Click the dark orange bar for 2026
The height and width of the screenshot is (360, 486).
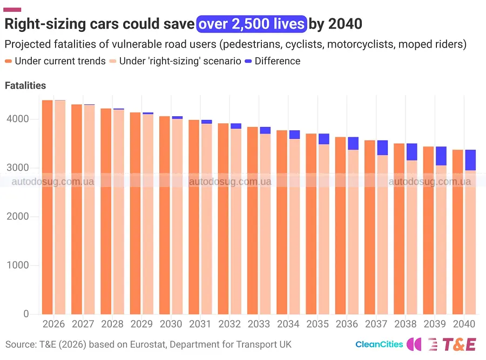coord(47,207)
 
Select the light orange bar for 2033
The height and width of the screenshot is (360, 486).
coord(265,224)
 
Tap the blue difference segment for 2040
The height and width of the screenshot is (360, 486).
coord(470,160)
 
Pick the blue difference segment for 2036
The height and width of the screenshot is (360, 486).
coord(353,143)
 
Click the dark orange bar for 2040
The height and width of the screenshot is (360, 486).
coord(458,232)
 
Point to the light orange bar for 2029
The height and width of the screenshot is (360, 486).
coord(148,214)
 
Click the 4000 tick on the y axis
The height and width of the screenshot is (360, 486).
coord(18,119)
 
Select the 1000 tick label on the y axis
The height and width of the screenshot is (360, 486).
coord(18,265)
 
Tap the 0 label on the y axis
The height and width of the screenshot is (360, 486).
coord(26,314)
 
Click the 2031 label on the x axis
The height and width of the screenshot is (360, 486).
coord(200,324)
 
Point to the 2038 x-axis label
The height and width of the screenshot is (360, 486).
coord(405,324)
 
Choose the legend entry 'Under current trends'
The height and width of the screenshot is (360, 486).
coord(55,61)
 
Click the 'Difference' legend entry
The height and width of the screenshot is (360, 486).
coord(273,61)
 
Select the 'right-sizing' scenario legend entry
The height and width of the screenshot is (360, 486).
coord(175,61)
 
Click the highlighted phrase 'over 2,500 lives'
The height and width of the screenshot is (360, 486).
coord(252,24)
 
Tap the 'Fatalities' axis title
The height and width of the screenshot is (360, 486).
coord(25,85)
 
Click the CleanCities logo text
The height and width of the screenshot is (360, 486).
coord(379,344)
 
